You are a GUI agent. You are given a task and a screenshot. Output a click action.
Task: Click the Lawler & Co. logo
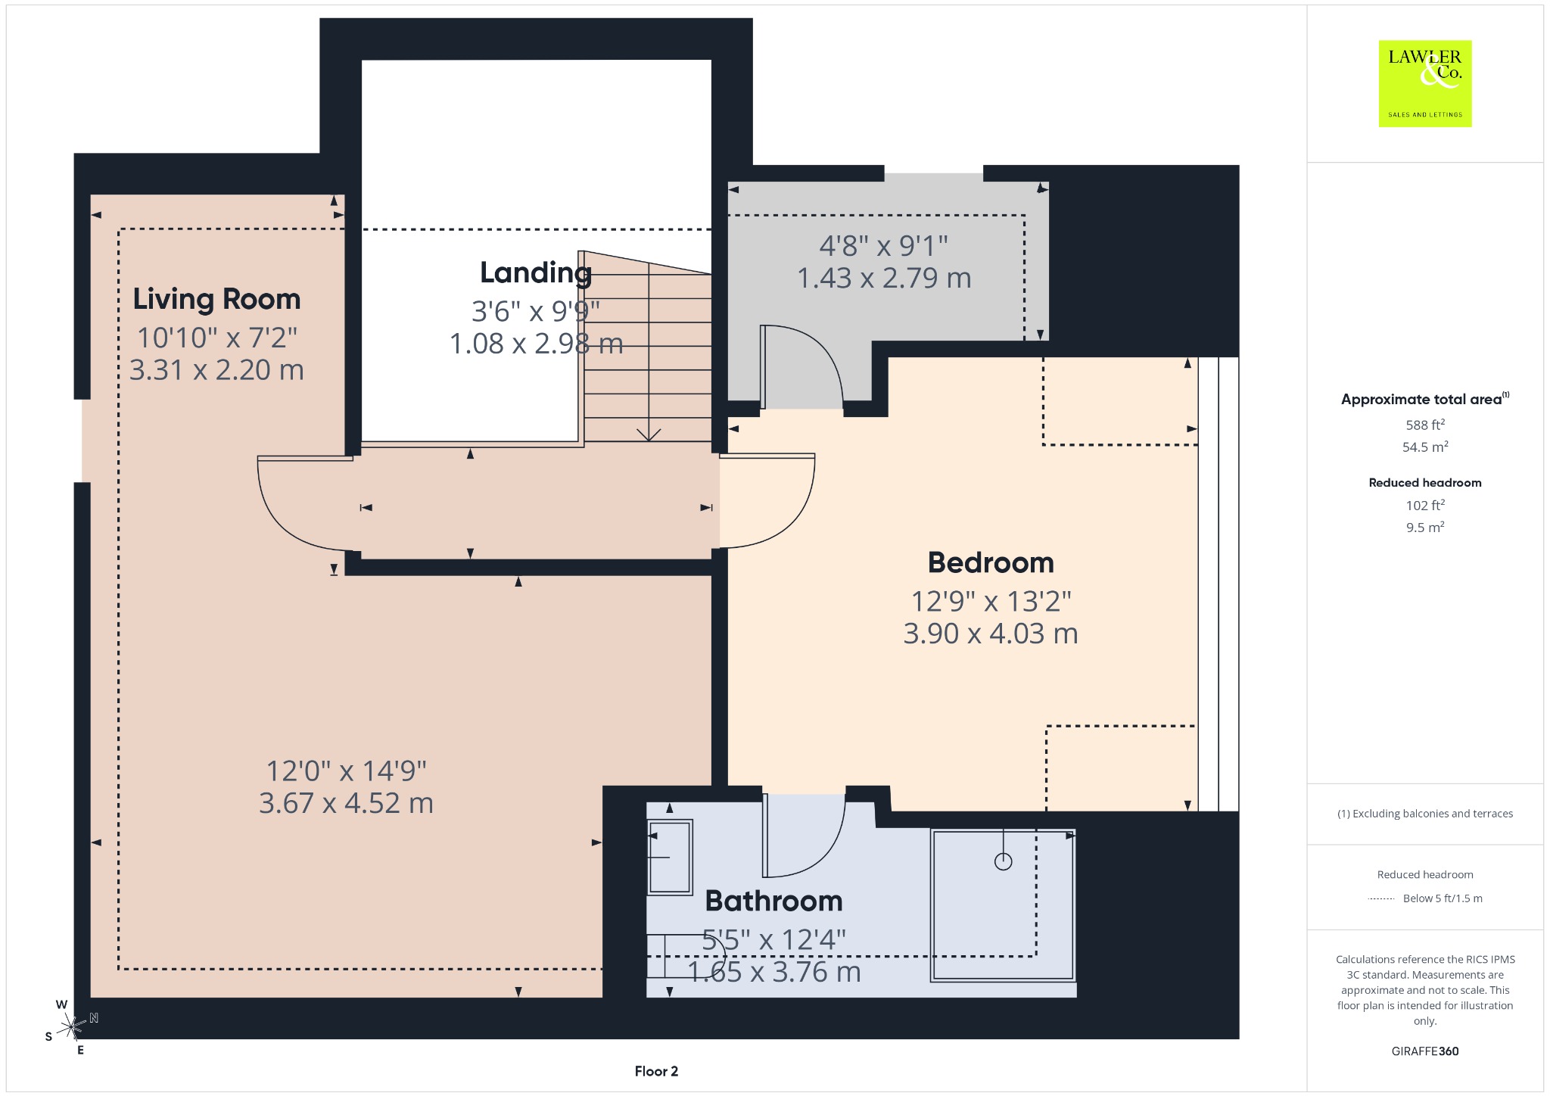pos(1424,83)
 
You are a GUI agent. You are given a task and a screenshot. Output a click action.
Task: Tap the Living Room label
pos(217,300)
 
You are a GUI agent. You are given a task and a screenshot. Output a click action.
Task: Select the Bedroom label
pos(991,562)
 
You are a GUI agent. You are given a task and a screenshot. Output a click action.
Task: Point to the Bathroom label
pos(773,901)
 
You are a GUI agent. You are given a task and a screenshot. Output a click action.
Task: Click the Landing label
pos(536,273)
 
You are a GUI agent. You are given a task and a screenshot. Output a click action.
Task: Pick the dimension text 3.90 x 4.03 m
pos(991,634)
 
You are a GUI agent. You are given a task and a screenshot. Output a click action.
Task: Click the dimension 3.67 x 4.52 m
pos(346,803)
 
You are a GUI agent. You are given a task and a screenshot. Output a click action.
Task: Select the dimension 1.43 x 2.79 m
pos(884,279)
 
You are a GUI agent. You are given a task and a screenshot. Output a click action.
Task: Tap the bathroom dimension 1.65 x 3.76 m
pos(773,972)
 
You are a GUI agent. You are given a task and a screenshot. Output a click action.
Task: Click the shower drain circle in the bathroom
pos(1004,861)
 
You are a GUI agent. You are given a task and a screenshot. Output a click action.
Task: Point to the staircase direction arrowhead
pos(649,434)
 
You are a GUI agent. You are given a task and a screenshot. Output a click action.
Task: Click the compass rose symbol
pos(72,1027)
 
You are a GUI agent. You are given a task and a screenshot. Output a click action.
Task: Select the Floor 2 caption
pos(656,1071)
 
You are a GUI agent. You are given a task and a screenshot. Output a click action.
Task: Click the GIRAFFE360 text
pos(1425,1051)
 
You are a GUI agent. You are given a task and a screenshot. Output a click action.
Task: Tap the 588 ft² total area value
pos(1425,425)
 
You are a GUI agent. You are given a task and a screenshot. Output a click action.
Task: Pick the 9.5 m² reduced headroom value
pos(1425,527)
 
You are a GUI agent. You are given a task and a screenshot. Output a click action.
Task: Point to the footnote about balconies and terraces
pos(1425,814)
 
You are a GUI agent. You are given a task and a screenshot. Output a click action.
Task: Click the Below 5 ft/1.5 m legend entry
pos(1443,898)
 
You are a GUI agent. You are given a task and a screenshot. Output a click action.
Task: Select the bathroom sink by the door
pos(670,857)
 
